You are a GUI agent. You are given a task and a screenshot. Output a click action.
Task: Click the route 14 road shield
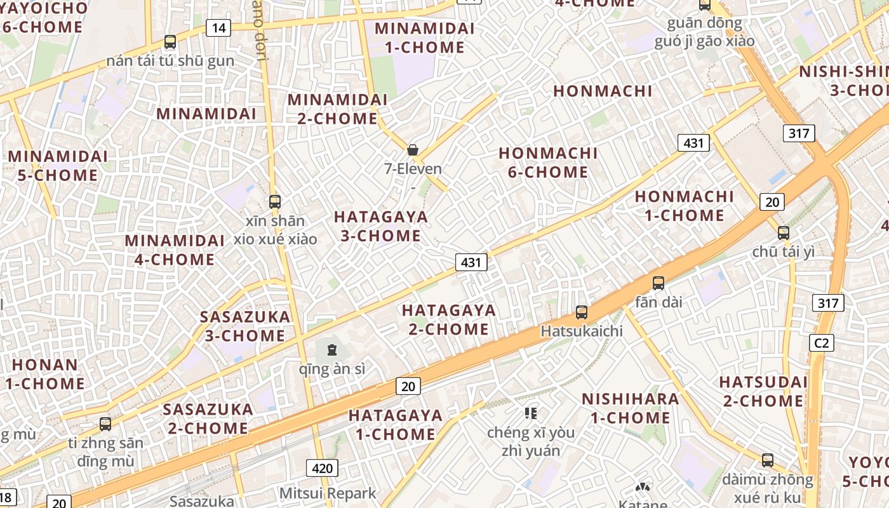click(x=218, y=28)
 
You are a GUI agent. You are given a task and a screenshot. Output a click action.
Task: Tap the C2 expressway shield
click(x=822, y=343)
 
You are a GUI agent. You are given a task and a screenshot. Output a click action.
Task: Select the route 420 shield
click(x=323, y=469)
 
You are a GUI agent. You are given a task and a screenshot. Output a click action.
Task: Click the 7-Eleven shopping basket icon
click(x=413, y=150)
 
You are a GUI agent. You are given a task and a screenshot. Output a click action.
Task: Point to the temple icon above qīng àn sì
click(x=331, y=349)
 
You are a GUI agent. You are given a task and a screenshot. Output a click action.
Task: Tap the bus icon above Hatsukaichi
click(x=582, y=312)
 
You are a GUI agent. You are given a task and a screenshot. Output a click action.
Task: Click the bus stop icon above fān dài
click(x=658, y=283)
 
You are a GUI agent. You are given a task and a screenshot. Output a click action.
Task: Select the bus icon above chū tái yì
click(x=784, y=232)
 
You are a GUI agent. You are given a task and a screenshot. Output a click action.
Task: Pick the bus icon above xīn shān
click(x=275, y=202)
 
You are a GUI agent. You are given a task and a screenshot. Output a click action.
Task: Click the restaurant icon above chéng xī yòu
click(x=531, y=414)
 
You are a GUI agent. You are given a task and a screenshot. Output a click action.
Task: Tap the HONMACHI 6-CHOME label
click(x=548, y=163)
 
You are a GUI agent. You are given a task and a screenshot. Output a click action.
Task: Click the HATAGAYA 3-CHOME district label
click(x=381, y=226)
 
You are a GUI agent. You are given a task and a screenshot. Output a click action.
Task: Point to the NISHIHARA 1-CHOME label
click(x=631, y=408)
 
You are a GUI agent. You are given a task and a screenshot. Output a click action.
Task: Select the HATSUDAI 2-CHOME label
click(x=763, y=392)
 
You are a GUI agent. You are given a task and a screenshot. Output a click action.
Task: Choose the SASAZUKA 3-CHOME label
click(x=244, y=326)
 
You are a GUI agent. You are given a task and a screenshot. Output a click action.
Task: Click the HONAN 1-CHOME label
click(x=45, y=374)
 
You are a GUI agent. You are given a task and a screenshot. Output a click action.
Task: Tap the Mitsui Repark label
click(x=328, y=493)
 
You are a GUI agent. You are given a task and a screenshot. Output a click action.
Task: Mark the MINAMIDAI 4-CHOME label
click(x=175, y=250)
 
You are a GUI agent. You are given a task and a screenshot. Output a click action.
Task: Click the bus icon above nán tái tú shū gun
click(x=170, y=42)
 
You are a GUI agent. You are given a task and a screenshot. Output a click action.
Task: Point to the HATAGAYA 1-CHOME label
click(x=396, y=425)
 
